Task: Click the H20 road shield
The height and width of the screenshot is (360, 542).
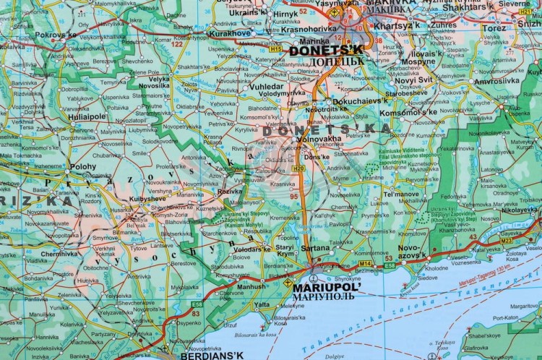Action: [x=298, y=168]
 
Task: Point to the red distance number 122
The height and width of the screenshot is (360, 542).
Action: [x=177, y=44]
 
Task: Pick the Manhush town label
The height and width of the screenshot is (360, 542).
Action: [x=251, y=286]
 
